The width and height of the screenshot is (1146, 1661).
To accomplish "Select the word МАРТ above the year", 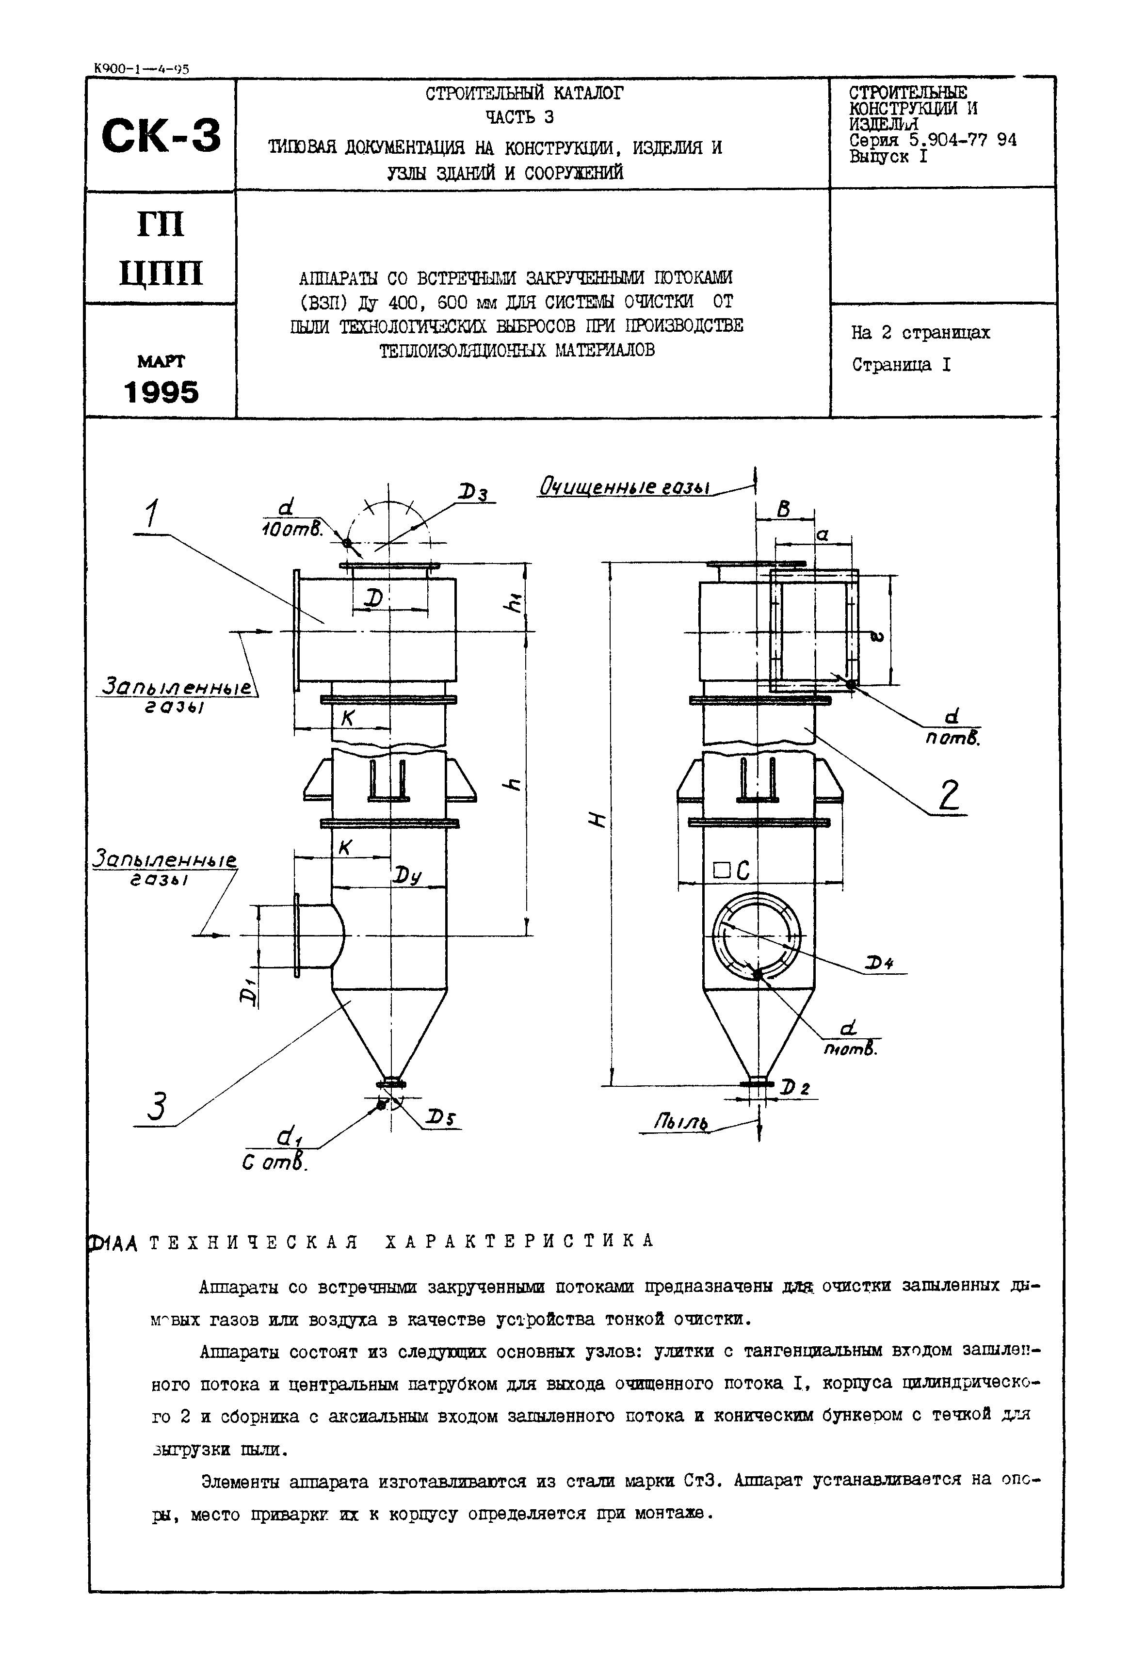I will point(161,361).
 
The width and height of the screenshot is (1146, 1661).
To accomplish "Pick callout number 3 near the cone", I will point(157,1105).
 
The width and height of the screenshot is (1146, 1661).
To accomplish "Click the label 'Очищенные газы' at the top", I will point(624,487).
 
